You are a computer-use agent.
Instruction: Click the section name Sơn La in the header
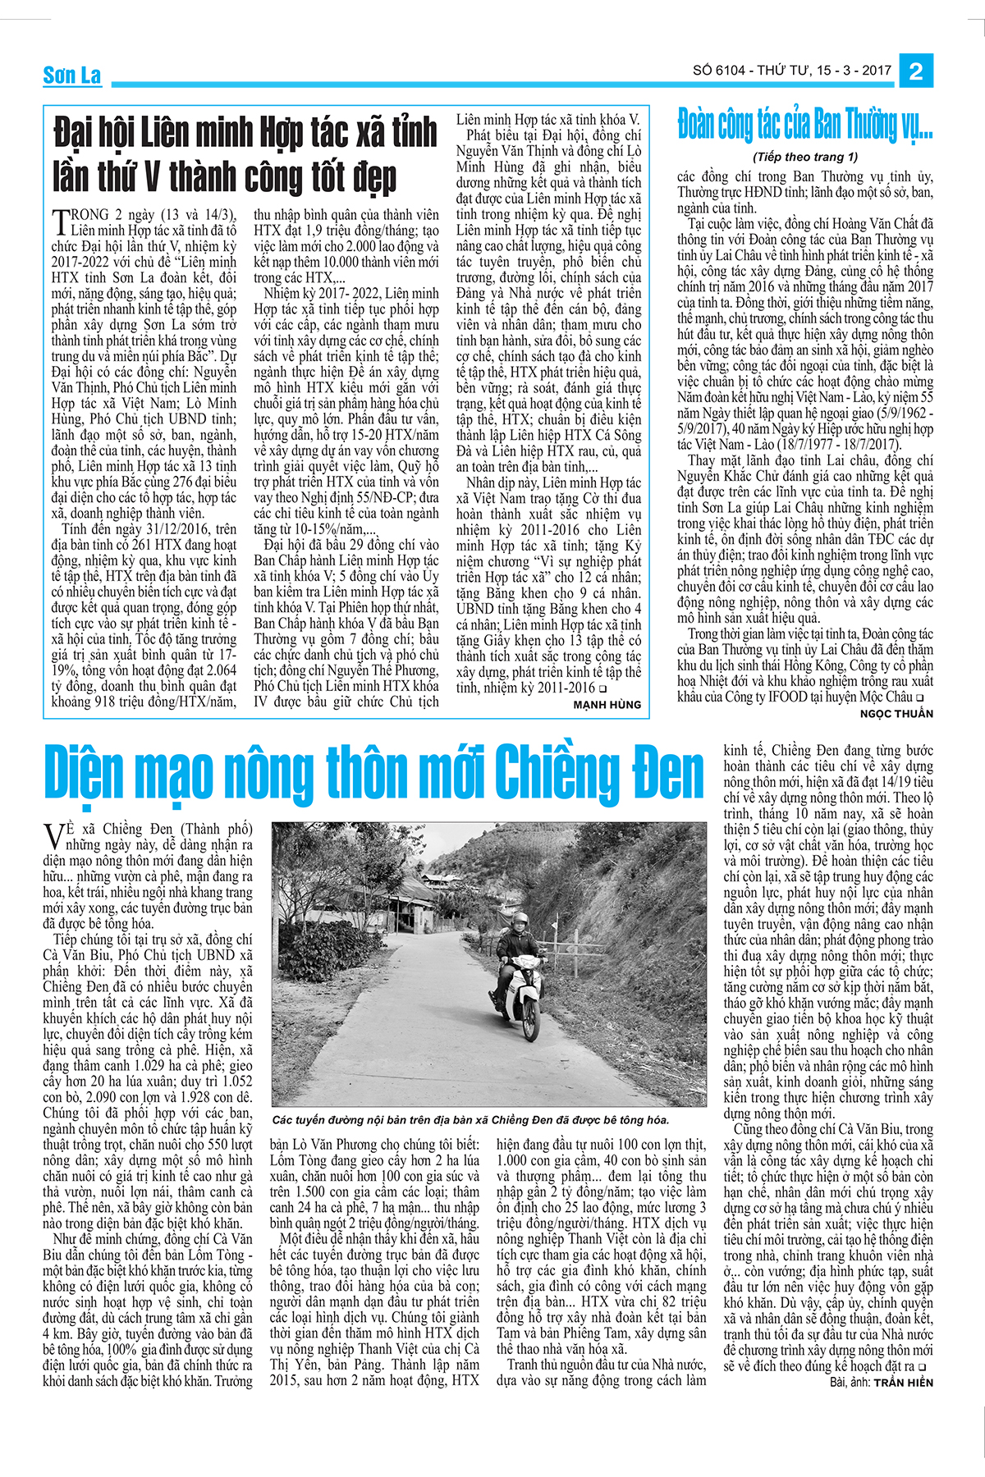[x=72, y=75]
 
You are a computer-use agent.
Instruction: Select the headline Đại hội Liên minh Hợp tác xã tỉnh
[x=246, y=134]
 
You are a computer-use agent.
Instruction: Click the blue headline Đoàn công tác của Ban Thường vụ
[x=804, y=126]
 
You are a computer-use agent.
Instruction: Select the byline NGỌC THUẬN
[x=896, y=714]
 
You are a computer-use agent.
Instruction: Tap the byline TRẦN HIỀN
[x=903, y=1383]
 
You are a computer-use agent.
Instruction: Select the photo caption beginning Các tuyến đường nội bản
[x=471, y=1120]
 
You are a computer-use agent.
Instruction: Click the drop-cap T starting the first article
[x=60, y=221]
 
